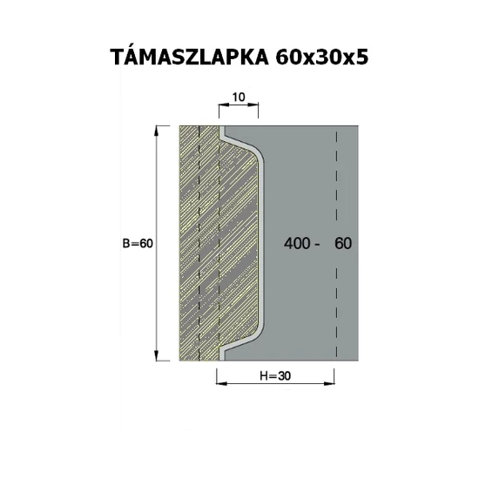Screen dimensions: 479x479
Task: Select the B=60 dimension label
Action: click(x=138, y=244)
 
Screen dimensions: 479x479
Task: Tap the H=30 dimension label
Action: click(x=273, y=376)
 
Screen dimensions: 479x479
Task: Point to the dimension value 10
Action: click(x=238, y=98)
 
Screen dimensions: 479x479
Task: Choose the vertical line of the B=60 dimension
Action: click(x=158, y=200)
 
